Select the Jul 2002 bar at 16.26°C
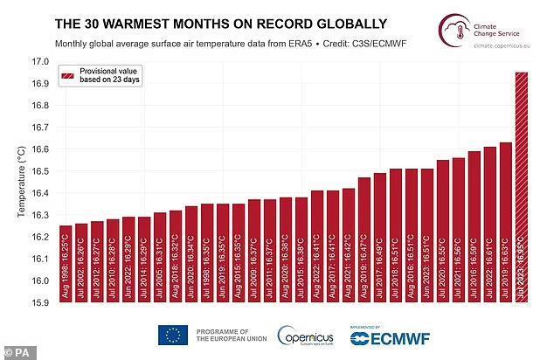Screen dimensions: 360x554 click(x=81, y=263)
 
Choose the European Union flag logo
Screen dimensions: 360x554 click(x=173, y=335)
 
